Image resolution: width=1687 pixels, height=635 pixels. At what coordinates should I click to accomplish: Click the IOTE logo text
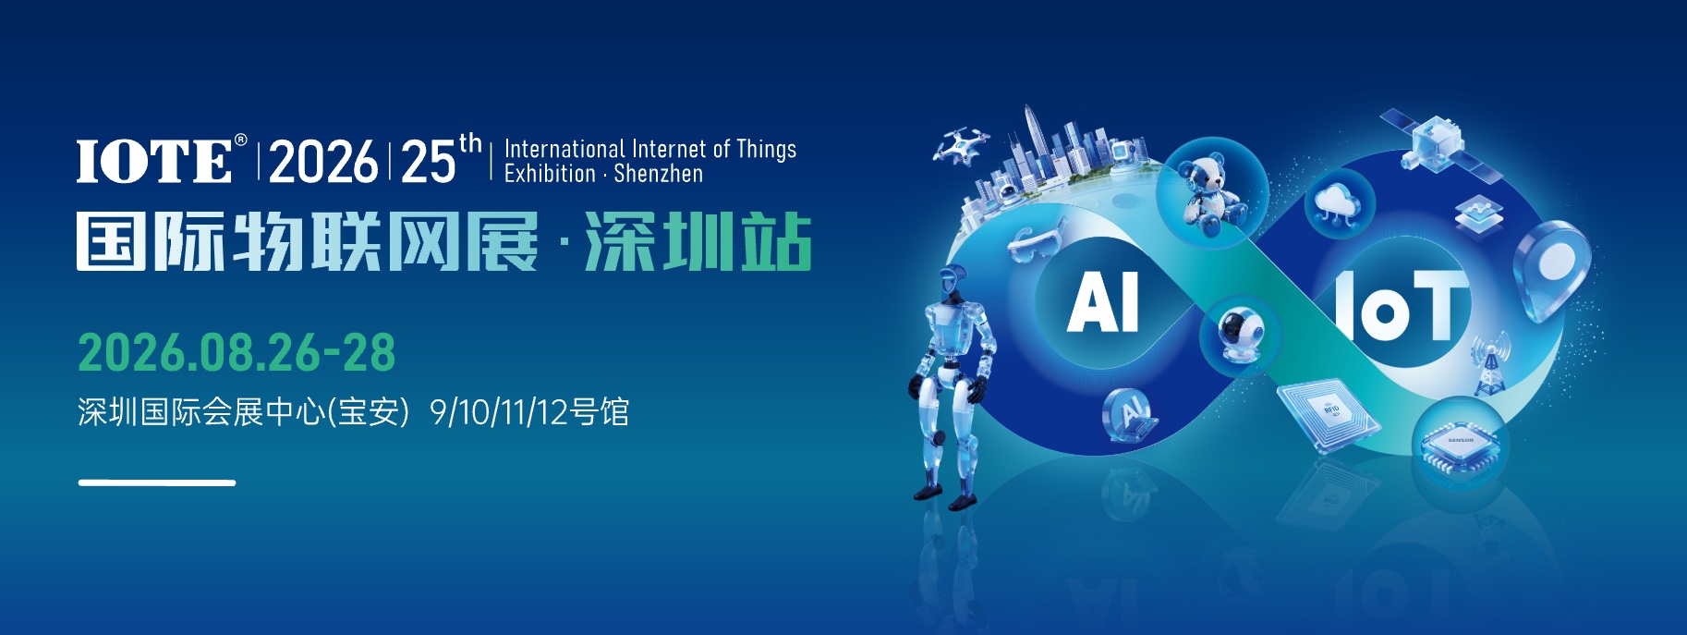(154, 161)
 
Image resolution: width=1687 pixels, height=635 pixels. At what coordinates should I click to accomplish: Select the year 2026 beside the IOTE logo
(323, 162)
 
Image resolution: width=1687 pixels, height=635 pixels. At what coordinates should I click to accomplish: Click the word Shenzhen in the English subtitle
(658, 174)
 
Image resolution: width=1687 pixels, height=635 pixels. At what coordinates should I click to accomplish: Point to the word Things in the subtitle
(766, 150)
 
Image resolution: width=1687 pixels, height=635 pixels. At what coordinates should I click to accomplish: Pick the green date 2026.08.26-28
(237, 352)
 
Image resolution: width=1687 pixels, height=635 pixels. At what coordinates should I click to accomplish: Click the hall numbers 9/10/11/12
(499, 412)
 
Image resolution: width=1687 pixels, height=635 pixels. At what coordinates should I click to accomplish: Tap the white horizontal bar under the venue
(157, 482)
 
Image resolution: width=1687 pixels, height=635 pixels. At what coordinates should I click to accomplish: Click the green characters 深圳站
(698, 242)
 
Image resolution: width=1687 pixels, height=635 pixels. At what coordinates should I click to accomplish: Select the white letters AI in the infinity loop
(1102, 303)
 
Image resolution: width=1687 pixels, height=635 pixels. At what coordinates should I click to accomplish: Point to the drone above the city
(960, 145)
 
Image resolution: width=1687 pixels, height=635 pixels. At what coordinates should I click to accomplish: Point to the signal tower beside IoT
(1488, 364)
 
